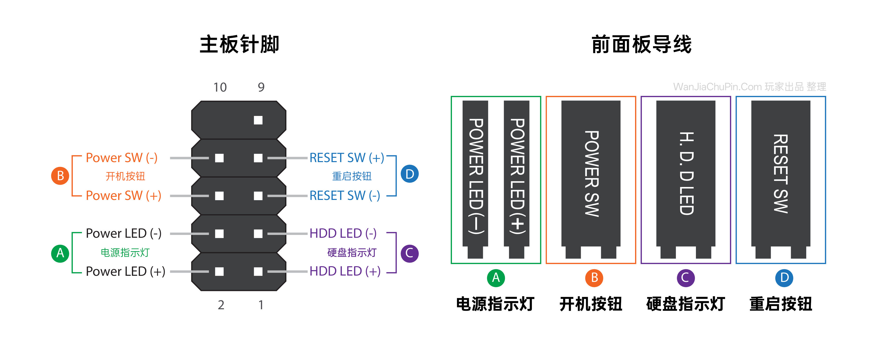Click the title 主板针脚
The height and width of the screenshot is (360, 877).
[x=239, y=44]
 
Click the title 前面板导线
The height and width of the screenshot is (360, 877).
[x=641, y=44]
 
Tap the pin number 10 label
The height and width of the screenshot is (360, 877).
[x=220, y=87]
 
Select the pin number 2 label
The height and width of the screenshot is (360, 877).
[x=221, y=305]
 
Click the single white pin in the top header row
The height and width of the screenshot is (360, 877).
[x=258, y=120]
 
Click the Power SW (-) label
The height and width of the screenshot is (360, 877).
[x=121, y=158]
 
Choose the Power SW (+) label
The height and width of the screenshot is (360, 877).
[x=123, y=196]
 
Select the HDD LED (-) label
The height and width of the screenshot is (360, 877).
[x=343, y=233]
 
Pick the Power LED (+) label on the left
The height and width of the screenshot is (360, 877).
[x=125, y=271]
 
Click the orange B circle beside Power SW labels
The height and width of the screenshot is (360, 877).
[x=60, y=176]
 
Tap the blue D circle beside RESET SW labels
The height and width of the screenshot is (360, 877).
[x=410, y=174]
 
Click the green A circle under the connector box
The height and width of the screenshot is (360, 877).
[x=496, y=278]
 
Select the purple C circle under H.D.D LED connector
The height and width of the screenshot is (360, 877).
[x=685, y=278]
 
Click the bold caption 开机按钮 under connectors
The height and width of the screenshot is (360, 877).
[x=591, y=304]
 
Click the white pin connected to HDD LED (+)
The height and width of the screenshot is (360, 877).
[x=258, y=271]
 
